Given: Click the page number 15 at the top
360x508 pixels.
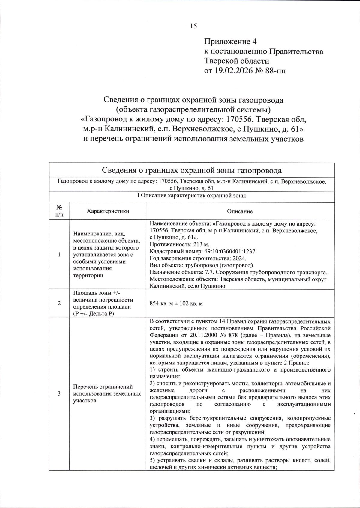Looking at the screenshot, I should pos(193,26).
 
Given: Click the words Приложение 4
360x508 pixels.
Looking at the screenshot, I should pos(230,41).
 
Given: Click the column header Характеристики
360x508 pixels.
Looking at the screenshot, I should pos(108,211).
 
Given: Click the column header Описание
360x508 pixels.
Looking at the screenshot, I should pos(240,211).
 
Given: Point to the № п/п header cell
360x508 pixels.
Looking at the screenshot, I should pos(59,211).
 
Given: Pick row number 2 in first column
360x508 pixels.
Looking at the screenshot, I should pos(59,303).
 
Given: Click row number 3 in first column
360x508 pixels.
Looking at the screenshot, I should pos(59,393).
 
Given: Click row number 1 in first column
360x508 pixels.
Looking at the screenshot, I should pos(59,255).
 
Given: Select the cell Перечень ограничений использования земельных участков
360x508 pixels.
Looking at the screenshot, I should pos(107,393).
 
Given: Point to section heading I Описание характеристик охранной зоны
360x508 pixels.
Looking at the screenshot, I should pos(191,196).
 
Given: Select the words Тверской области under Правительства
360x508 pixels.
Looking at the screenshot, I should pos(236,61).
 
